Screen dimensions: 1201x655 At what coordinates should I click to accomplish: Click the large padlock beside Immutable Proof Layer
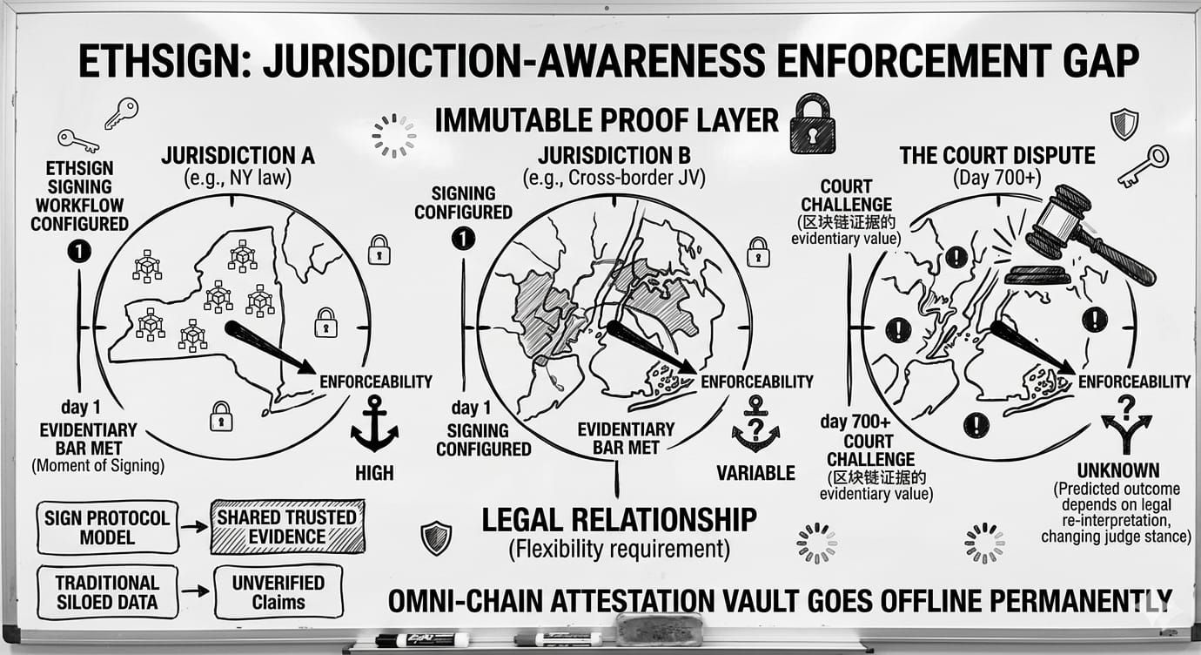(812, 125)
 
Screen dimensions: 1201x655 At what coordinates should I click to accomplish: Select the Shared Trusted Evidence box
(287, 526)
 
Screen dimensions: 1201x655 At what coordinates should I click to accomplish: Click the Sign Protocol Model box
(107, 526)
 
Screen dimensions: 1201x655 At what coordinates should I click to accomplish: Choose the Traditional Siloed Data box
(107, 592)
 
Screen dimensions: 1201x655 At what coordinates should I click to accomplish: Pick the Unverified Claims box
(278, 592)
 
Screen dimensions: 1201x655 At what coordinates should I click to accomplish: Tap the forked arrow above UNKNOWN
(1125, 424)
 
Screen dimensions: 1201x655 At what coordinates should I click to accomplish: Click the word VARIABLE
(755, 473)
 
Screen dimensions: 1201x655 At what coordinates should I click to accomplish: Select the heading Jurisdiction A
(238, 156)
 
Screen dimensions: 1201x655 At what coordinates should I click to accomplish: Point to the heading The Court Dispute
(996, 156)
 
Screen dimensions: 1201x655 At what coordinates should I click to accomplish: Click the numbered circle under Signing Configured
(463, 239)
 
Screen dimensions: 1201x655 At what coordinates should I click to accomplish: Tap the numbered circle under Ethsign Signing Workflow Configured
(79, 252)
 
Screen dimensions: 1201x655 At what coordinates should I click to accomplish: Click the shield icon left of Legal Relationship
(436, 537)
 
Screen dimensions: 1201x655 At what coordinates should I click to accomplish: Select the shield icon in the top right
(1124, 124)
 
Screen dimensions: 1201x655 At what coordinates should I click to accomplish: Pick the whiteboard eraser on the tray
(659, 629)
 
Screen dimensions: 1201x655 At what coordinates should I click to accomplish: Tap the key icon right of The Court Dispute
(1144, 165)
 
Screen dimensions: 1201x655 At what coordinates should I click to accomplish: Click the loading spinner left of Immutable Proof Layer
(393, 136)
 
